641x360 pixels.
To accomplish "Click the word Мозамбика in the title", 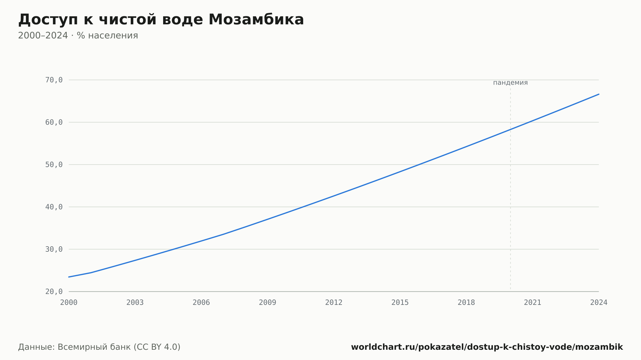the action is (256, 20).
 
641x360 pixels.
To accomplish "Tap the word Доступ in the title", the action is (48, 20).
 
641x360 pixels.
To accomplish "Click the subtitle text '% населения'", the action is (107, 36).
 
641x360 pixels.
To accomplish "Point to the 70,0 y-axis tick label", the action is (54, 80).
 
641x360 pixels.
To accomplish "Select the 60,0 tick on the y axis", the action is (54, 122).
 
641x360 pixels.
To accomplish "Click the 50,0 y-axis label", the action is (54, 165).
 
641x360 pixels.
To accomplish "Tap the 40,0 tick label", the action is (54, 207).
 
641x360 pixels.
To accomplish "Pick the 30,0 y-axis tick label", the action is (54, 249).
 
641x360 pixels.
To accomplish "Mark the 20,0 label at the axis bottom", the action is (54, 291).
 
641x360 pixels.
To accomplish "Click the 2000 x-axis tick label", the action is (69, 303).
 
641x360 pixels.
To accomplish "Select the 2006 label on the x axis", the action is (201, 303).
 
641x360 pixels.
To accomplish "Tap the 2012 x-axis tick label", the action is (334, 303).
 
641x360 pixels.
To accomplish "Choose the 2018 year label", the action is (466, 303).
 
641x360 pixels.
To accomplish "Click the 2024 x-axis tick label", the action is (599, 303).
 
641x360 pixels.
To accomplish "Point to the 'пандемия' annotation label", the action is (510, 83).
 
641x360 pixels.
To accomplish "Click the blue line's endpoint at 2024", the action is (599, 94).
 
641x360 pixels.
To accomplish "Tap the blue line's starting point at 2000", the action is (69, 277).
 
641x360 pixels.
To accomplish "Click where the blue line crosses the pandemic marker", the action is (511, 129).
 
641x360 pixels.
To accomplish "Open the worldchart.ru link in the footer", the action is (487, 347).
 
